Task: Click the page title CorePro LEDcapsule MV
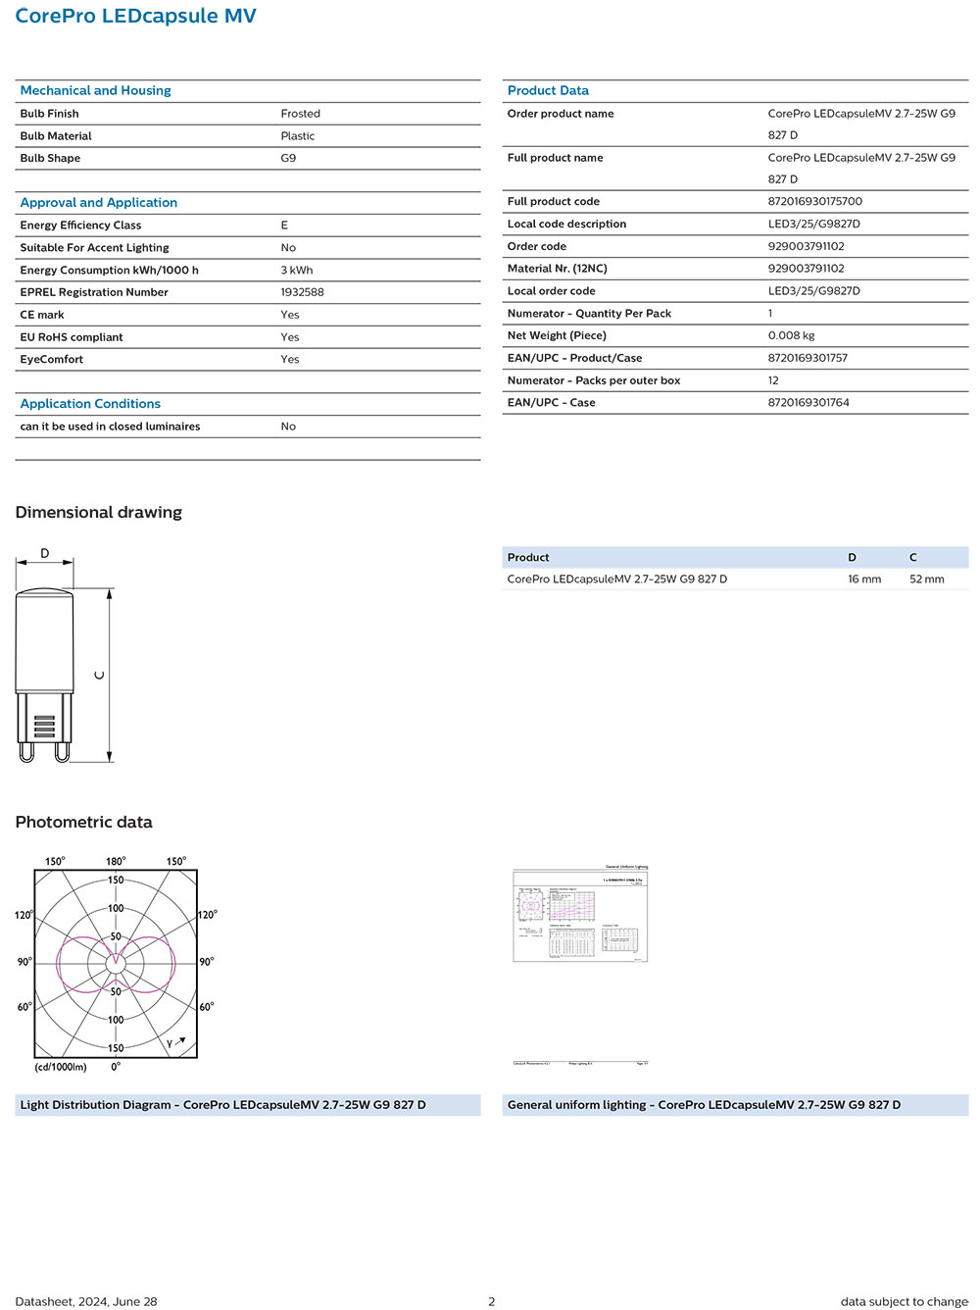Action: (135, 17)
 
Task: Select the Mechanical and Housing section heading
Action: (95, 90)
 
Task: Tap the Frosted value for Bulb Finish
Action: (300, 114)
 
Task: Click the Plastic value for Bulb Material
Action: (297, 136)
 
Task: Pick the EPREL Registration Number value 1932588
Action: (302, 292)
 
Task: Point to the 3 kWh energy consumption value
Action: (296, 270)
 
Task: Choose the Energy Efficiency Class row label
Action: (80, 226)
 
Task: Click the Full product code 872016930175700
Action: (814, 201)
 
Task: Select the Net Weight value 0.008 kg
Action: (791, 335)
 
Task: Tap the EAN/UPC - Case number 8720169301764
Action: (808, 402)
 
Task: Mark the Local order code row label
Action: (551, 291)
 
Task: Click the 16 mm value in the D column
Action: (863, 579)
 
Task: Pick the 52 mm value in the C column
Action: (926, 579)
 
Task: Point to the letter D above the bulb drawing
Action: (44, 554)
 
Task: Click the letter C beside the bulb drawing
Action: (99, 675)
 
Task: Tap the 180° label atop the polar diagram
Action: (116, 861)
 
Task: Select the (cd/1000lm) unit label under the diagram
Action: (61, 1067)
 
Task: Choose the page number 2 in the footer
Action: (491, 1301)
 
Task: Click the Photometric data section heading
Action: (83, 822)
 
